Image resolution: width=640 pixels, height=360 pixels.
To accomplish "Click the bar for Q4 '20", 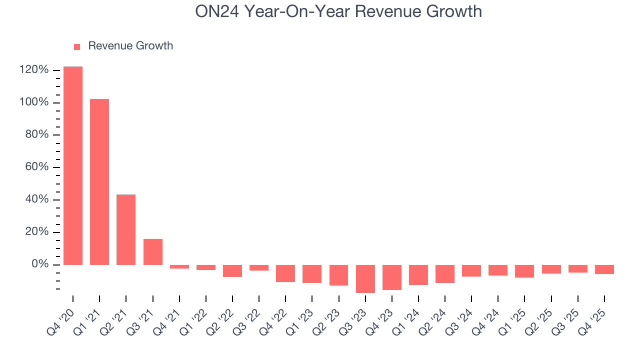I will (x=73, y=165).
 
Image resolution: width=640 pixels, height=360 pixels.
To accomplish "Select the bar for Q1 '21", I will (x=99, y=181).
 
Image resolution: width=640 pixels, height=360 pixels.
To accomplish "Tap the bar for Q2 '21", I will (x=126, y=229).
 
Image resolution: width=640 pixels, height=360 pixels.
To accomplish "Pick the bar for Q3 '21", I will (x=153, y=251).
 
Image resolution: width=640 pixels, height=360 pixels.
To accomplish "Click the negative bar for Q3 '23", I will (x=365, y=278).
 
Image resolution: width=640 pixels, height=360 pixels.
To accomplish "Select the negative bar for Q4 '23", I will (x=392, y=277).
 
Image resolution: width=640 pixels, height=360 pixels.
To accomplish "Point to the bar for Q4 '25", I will (x=604, y=269).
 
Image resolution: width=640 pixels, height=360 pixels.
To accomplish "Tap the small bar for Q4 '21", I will (x=179, y=266).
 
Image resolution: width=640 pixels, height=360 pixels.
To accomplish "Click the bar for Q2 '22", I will (x=232, y=270).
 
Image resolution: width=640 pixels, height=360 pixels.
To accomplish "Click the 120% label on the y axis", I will (x=34, y=70).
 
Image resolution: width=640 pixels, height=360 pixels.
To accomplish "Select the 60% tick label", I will (x=36, y=167).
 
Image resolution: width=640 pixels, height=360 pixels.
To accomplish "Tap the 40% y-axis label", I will (x=36, y=199).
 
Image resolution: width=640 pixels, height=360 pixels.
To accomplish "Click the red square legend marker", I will (x=77, y=47).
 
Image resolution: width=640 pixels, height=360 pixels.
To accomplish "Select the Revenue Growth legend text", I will (x=130, y=46).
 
